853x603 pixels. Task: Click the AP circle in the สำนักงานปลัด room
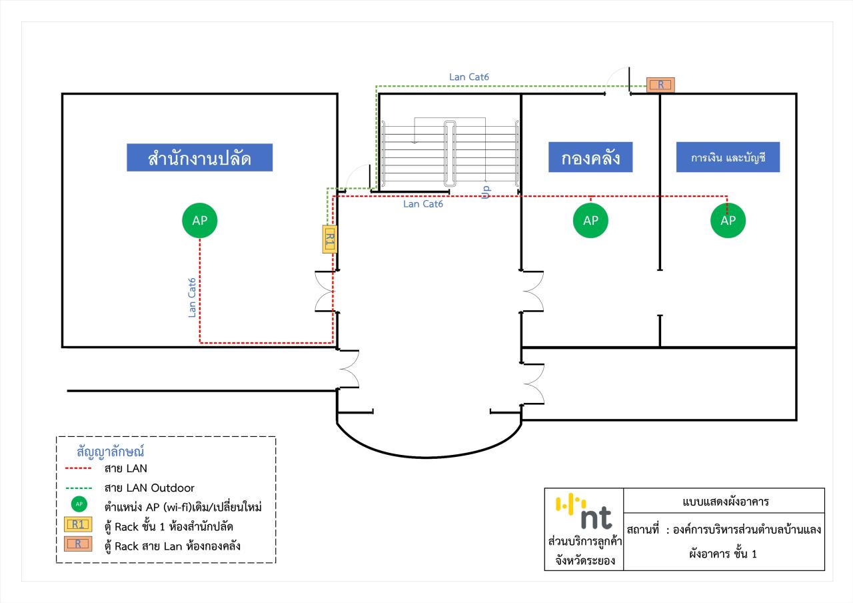point(200,221)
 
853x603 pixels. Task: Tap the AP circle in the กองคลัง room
point(590,221)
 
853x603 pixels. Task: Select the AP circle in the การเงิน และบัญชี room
point(728,221)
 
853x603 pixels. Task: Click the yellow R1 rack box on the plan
point(329,238)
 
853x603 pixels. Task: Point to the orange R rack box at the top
point(660,85)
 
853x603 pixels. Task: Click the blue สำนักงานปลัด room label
point(199,158)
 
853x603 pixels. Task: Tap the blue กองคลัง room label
point(590,158)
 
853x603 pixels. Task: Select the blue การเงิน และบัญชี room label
point(728,158)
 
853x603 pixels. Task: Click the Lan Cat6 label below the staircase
point(423,204)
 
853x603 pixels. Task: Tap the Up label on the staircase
point(486,191)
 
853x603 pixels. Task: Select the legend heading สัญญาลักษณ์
point(111,452)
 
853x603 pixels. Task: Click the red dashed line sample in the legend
point(79,469)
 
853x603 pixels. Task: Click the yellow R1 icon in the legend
point(79,525)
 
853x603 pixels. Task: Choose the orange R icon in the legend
point(79,544)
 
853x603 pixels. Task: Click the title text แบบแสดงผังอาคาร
point(724,502)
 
